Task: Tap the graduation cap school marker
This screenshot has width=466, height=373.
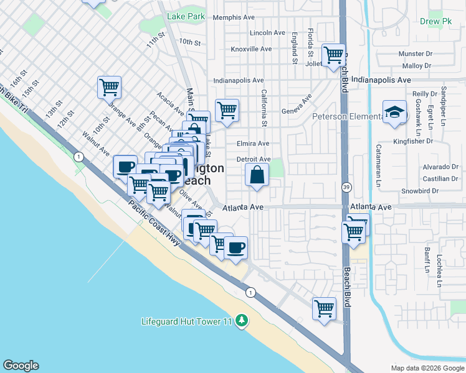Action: click(x=394, y=113)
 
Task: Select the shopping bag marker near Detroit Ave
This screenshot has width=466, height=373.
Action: click(x=257, y=176)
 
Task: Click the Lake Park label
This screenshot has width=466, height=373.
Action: click(x=186, y=17)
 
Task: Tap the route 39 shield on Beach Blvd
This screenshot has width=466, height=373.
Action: click(x=346, y=186)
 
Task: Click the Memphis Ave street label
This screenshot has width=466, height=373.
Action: click(x=234, y=17)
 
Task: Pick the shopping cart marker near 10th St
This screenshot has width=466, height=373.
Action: click(x=110, y=87)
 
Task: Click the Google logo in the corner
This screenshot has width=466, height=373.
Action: click(x=21, y=366)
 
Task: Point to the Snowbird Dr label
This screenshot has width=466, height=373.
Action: click(x=421, y=191)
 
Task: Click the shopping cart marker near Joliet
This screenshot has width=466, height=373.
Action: click(x=333, y=55)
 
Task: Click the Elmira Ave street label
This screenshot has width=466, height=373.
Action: click(x=253, y=144)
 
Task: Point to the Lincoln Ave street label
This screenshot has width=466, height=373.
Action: click(x=267, y=33)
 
